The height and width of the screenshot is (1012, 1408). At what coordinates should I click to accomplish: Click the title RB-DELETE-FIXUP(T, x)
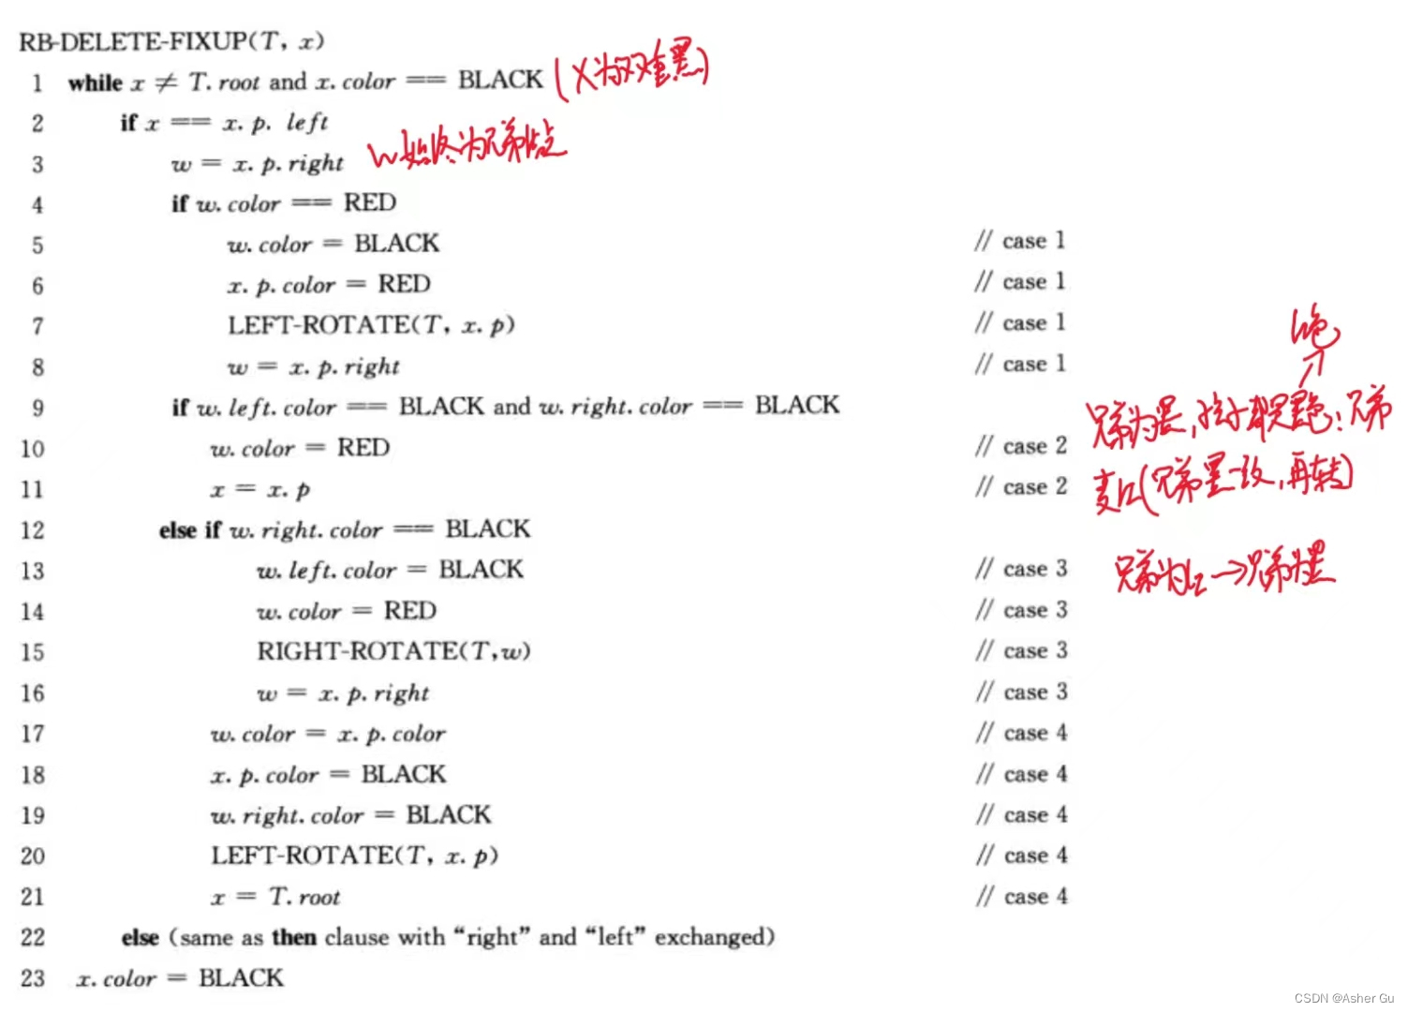point(171,41)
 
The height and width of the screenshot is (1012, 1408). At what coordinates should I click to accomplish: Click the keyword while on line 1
point(95,82)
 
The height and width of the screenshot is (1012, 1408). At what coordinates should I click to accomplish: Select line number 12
point(33,530)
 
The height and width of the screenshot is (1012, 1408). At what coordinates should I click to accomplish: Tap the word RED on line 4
point(370,202)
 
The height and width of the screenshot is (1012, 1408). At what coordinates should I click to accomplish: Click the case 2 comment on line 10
point(1021,447)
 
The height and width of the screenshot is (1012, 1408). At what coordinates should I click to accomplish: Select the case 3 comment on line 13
point(1021,570)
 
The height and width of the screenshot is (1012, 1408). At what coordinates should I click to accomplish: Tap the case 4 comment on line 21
point(1021,897)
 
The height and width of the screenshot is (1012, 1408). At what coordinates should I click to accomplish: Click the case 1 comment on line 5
point(1020,242)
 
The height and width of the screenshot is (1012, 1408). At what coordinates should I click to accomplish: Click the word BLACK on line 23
point(241,978)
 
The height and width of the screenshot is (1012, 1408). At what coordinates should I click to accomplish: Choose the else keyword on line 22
point(140,937)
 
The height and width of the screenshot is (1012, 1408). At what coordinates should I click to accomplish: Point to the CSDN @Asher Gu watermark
point(1344,999)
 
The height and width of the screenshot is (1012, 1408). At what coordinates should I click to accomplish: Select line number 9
point(37,408)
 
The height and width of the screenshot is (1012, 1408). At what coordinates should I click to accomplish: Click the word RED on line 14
point(410,611)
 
